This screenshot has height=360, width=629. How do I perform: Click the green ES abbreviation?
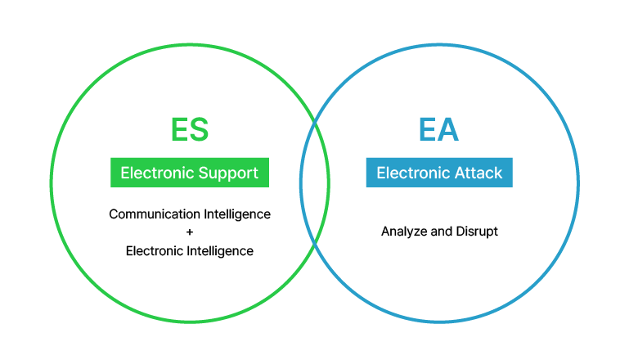(x=190, y=129)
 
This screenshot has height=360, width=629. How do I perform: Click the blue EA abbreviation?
(x=438, y=129)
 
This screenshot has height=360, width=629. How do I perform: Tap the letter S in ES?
(x=199, y=129)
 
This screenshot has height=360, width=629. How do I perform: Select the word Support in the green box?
(x=228, y=173)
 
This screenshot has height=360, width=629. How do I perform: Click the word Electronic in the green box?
(x=157, y=173)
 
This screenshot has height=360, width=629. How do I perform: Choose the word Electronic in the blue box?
(x=413, y=173)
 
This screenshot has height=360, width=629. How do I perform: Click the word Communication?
(x=155, y=214)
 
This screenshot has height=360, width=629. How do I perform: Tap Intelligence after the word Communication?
(x=237, y=214)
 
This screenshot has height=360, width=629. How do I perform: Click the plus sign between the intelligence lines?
(x=190, y=232)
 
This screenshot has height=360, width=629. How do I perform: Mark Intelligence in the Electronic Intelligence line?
(x=220, y=252)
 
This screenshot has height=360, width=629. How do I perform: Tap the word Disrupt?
(x=477, y=232)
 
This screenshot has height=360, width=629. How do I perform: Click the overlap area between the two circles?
(x=315, y=183)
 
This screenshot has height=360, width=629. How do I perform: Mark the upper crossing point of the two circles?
(x=315, y=122)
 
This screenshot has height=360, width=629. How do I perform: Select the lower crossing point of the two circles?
(x=315, y=244)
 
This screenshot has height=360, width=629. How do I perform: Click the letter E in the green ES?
(x=179, y=129)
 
